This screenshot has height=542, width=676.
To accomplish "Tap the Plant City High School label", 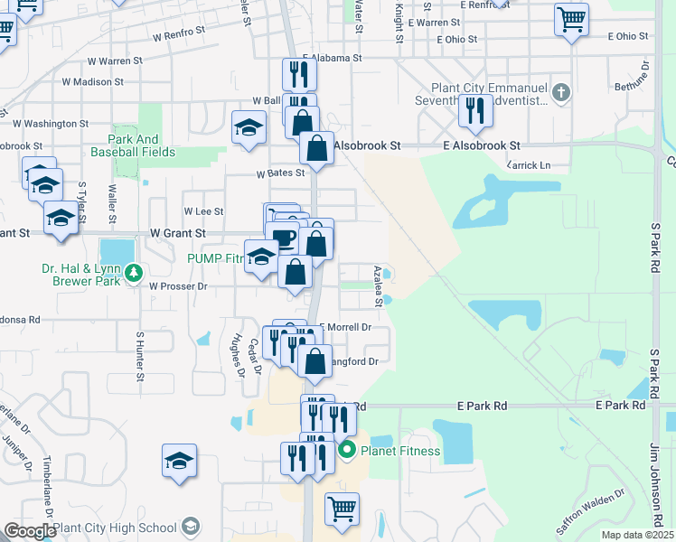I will (x=115, y=528).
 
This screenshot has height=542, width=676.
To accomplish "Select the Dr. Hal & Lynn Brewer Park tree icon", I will (x=134, y=271).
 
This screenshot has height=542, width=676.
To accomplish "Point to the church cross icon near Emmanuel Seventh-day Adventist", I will (x=561, y=91).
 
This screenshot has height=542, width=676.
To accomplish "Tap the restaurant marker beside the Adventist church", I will (x=474, y=110).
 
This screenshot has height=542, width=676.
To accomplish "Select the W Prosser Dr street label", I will (x=179, y=286).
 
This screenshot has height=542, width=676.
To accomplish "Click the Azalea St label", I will (x=379, y=286).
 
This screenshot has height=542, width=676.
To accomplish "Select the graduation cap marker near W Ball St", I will (x=249, y=127).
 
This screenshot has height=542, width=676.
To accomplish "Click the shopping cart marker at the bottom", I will (x=342, y=509).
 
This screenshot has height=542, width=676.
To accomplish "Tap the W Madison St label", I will (x=92, y=82).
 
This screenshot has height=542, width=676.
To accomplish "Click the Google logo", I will (x=29, y=531).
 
